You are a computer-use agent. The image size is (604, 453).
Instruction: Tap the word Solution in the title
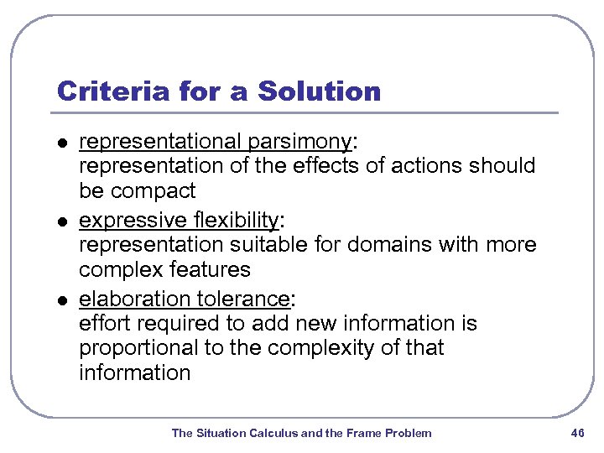[320, 91]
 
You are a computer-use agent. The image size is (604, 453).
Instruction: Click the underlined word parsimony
[300, 142]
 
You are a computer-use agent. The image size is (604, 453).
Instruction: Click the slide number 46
[576, 433]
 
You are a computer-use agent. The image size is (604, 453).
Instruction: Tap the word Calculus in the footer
[273, 433]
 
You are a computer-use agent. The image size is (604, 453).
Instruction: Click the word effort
[100, 324]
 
